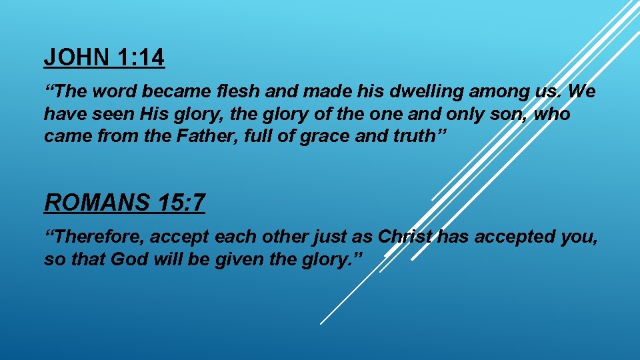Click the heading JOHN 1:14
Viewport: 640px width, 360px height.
point(104,58)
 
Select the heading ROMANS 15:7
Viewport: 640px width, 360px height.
point(125,202)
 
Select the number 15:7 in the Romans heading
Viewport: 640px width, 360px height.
point(180,202)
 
